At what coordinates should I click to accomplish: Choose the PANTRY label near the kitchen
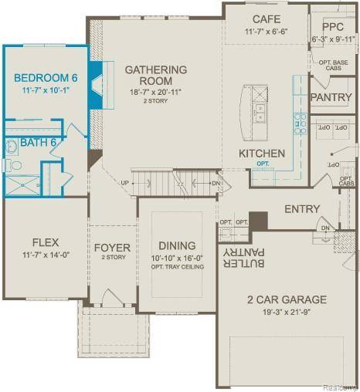tap(331, 97)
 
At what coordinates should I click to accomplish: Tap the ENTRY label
tap(301, 209)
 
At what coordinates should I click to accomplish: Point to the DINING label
tap(177, 245)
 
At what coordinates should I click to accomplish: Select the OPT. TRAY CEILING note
tap(177, 267)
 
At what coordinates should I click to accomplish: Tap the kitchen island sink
tap(260, 114)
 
